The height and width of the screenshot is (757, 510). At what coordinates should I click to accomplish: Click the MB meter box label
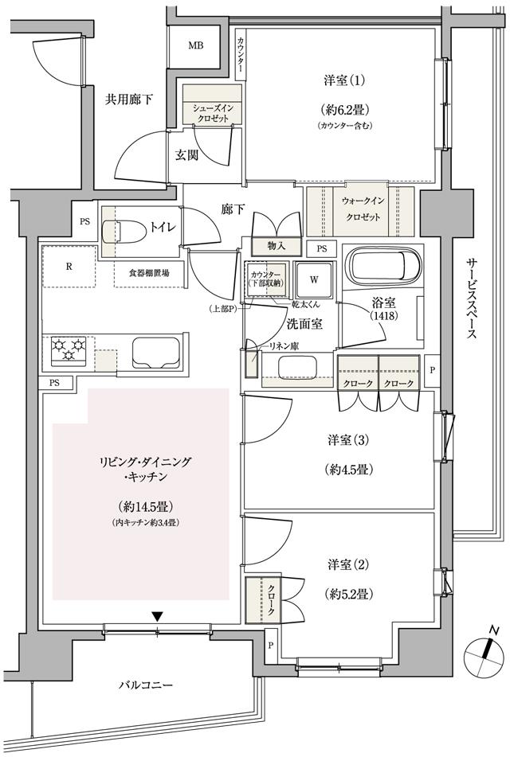[195, 45]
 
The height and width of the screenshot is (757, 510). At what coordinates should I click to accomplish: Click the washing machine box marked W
[314, 280]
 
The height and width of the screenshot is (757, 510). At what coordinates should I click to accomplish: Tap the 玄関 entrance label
[186, 155]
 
